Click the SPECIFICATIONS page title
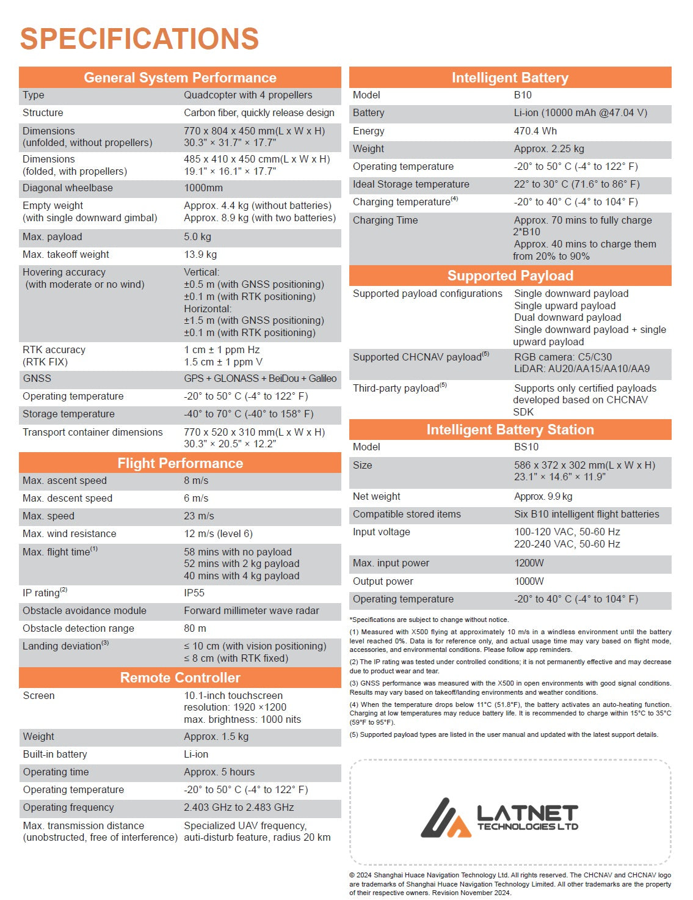click(139, 38)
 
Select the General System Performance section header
click(180, 78)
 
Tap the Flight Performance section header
click(180, 463)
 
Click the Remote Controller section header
click(180, 678)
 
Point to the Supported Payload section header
click(510, 276)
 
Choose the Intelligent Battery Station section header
click(510, 430)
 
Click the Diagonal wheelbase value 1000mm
click(203, 188)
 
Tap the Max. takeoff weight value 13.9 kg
click(200, 255)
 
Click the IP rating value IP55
click(194, 593)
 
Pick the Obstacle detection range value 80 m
click(195, 628)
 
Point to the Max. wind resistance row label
click(69, 534)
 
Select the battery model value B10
click(523, 95)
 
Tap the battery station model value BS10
click(526, 447)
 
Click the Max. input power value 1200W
click(529, 563)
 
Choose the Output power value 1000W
click(529, 582)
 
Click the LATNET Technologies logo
click(499, 818)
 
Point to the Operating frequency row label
click(68, 808)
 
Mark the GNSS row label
click(37, 379)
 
